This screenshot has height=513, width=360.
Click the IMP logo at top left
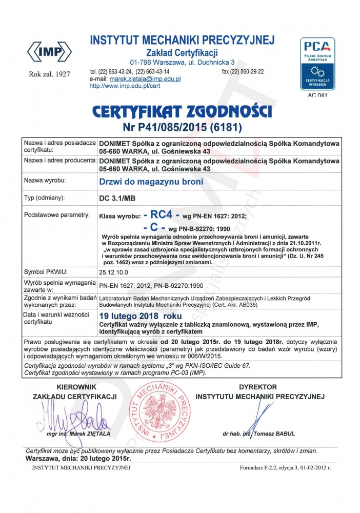coord(49,51)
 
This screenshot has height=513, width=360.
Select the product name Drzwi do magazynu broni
coord(151,182)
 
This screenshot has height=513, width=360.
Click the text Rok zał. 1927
coord(49,75)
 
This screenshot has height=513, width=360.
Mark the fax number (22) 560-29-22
coord(250,71)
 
